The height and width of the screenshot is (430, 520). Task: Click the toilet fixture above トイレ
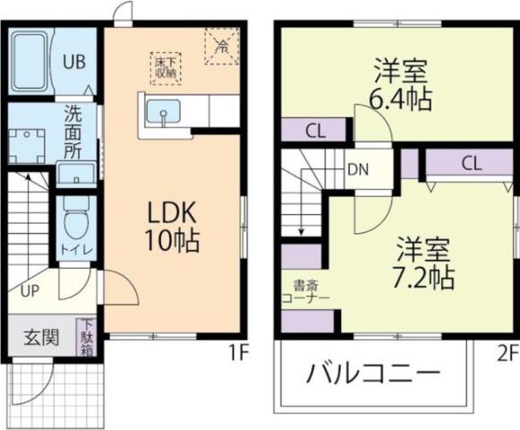point(72,214)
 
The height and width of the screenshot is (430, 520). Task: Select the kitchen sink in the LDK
point(163,114)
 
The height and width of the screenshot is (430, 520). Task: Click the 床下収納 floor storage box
point(166,67)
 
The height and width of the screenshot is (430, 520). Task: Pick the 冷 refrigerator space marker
point(221,43)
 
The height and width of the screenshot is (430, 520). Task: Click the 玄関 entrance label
point(41,338)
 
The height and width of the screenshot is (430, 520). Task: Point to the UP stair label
point(30,292)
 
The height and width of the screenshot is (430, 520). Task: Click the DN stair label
point(356,168)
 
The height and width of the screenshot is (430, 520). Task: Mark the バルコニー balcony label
point(374,374)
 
